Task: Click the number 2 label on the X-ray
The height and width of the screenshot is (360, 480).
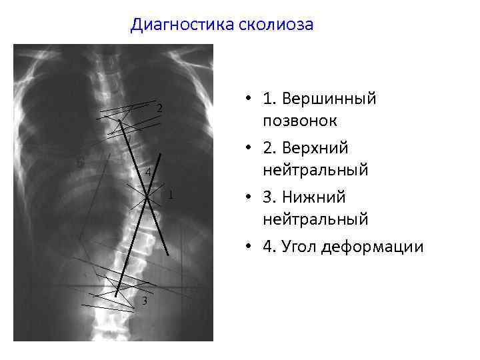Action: (x=160, y=108)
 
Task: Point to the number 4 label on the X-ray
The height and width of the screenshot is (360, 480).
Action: (x=148, y=173)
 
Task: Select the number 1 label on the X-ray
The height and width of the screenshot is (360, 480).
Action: (x=171, y=195)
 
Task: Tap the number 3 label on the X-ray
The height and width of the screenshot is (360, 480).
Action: (x=144, y=301)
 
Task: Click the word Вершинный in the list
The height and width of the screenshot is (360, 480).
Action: (x=329, y=99)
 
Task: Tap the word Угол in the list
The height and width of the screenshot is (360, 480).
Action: (x=299, y=247)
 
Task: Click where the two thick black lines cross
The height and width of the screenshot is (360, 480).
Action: (x=148, y=197)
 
